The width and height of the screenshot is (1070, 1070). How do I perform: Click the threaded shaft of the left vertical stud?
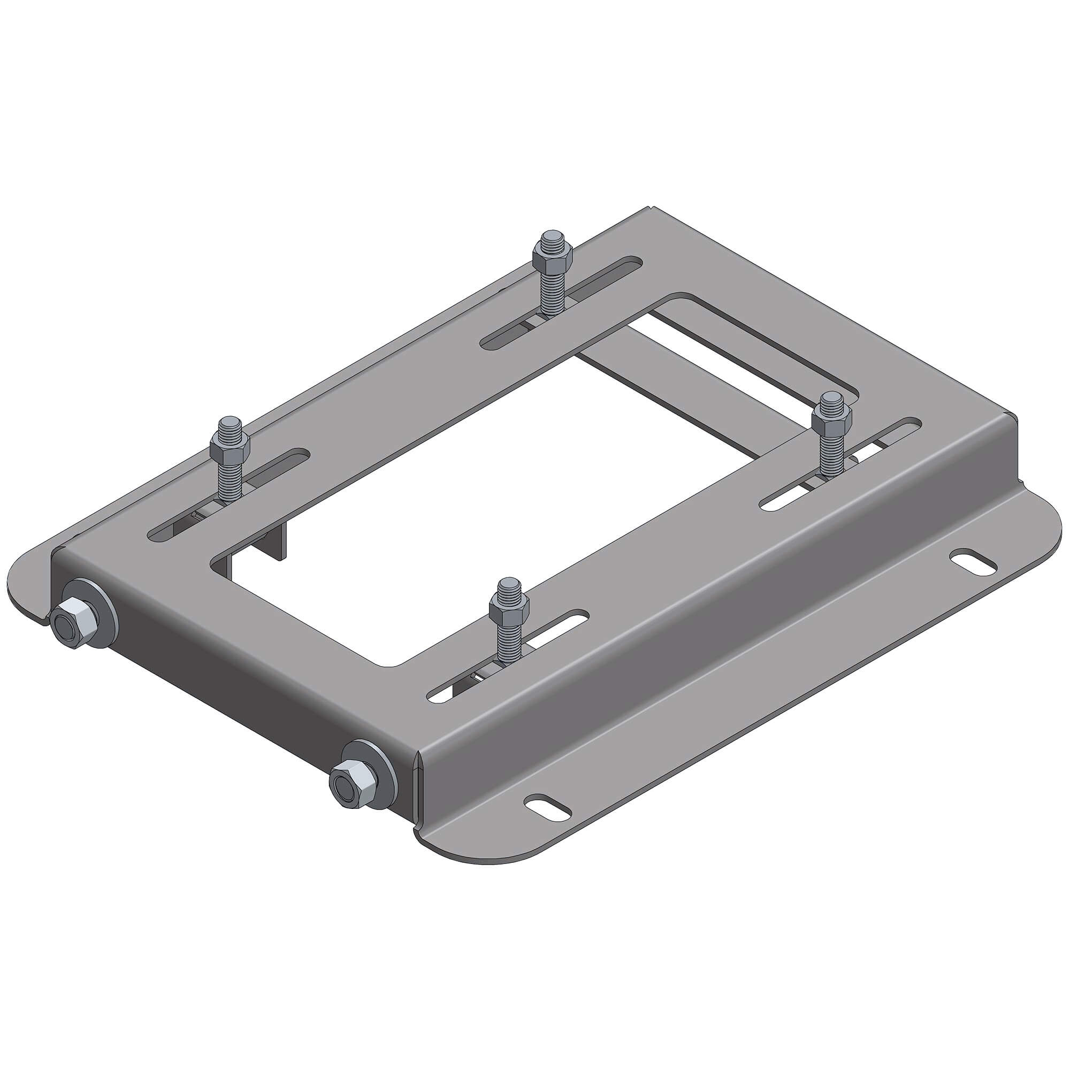pyautogui.click(x=230, y=476)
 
